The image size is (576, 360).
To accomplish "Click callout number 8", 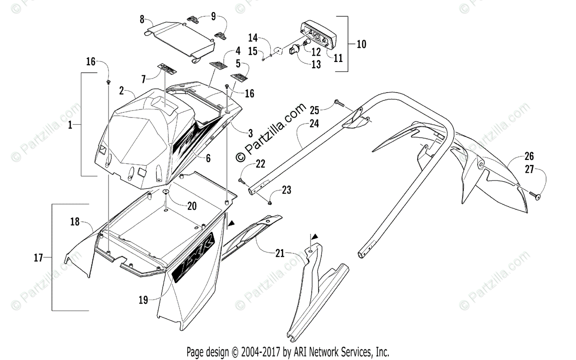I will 142,19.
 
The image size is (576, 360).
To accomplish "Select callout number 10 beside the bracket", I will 361,44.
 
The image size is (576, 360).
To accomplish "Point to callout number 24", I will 314,123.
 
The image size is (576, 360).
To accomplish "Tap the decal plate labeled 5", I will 240,76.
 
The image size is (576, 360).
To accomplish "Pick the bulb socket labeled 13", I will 294,50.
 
